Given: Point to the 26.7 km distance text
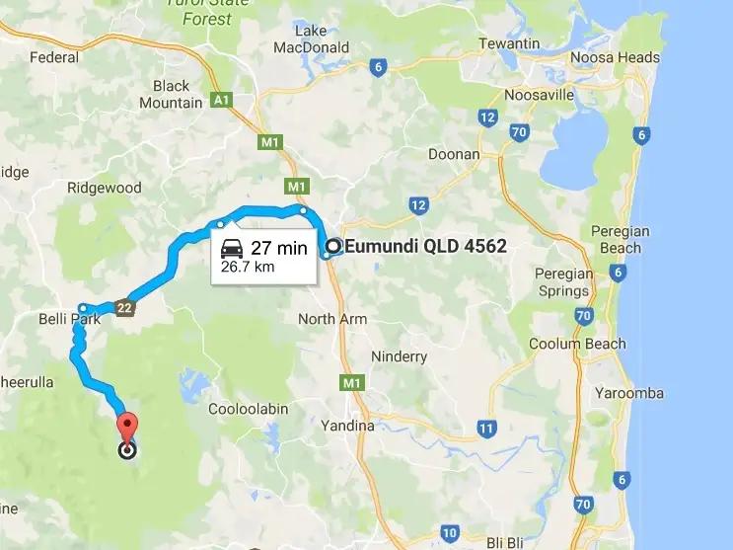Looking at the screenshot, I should click(248, 267).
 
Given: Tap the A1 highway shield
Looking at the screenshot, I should click(220, 101).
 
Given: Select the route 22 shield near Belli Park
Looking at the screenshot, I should click(123, 307).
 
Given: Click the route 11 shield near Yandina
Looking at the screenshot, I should click(485, 429).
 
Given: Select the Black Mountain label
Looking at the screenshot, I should click(171, 95).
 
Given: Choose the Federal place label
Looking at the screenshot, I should click(54, 57).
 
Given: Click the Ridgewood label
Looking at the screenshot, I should click(104, 188).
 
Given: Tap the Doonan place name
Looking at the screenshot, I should click(454, 154).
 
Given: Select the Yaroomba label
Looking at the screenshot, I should click(629, 392).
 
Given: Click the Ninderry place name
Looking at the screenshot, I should click(399, 355).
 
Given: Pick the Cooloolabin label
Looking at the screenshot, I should click(247, 408).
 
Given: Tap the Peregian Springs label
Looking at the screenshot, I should click(562, 282).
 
